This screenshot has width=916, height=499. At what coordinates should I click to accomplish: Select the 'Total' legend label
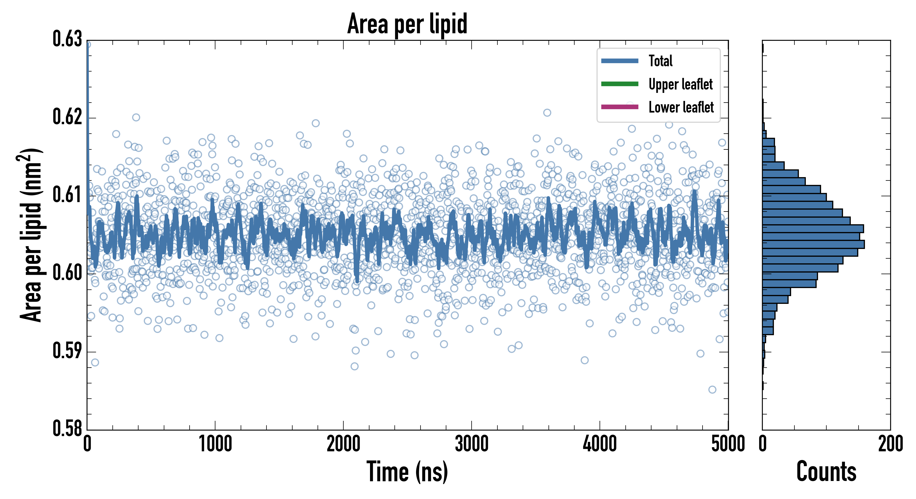point(660,61)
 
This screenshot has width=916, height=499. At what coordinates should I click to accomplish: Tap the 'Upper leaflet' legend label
point(680,84)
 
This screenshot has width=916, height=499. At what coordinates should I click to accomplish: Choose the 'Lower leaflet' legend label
point(681,107)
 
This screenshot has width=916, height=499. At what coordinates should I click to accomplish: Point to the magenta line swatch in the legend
point(620,107)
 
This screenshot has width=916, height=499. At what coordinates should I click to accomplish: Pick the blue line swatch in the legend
point(620,61)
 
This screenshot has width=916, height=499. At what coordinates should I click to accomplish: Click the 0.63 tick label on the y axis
point(67,39)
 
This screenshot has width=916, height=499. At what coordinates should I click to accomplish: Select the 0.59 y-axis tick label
point(67,351)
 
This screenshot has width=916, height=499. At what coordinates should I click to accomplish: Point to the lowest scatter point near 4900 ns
point(712,389)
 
